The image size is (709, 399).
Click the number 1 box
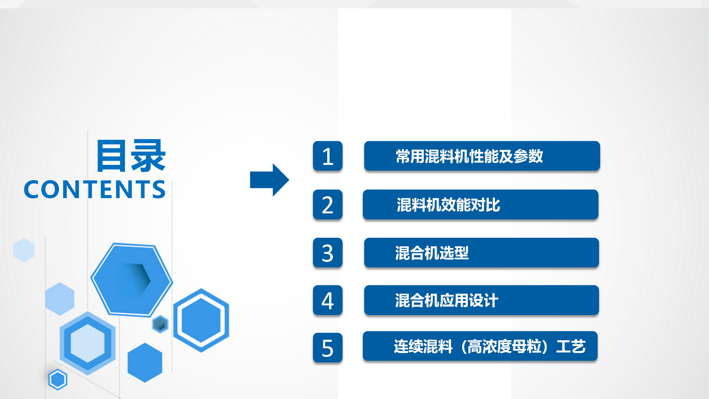328,156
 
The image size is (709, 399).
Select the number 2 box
328,204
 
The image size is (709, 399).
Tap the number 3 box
328,253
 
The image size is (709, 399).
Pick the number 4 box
328,300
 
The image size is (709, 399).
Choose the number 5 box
328,348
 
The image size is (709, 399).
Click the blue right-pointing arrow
269,180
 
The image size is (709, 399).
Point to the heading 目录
131,156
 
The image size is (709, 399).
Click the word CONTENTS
95,190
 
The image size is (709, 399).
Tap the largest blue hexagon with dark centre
132,280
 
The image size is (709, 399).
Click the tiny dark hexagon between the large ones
160,324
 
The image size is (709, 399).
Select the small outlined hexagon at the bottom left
58,379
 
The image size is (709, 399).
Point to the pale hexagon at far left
24,250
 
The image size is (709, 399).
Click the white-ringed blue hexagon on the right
201,320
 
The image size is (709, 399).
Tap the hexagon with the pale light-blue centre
88,343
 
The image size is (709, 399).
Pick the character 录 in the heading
148,156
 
